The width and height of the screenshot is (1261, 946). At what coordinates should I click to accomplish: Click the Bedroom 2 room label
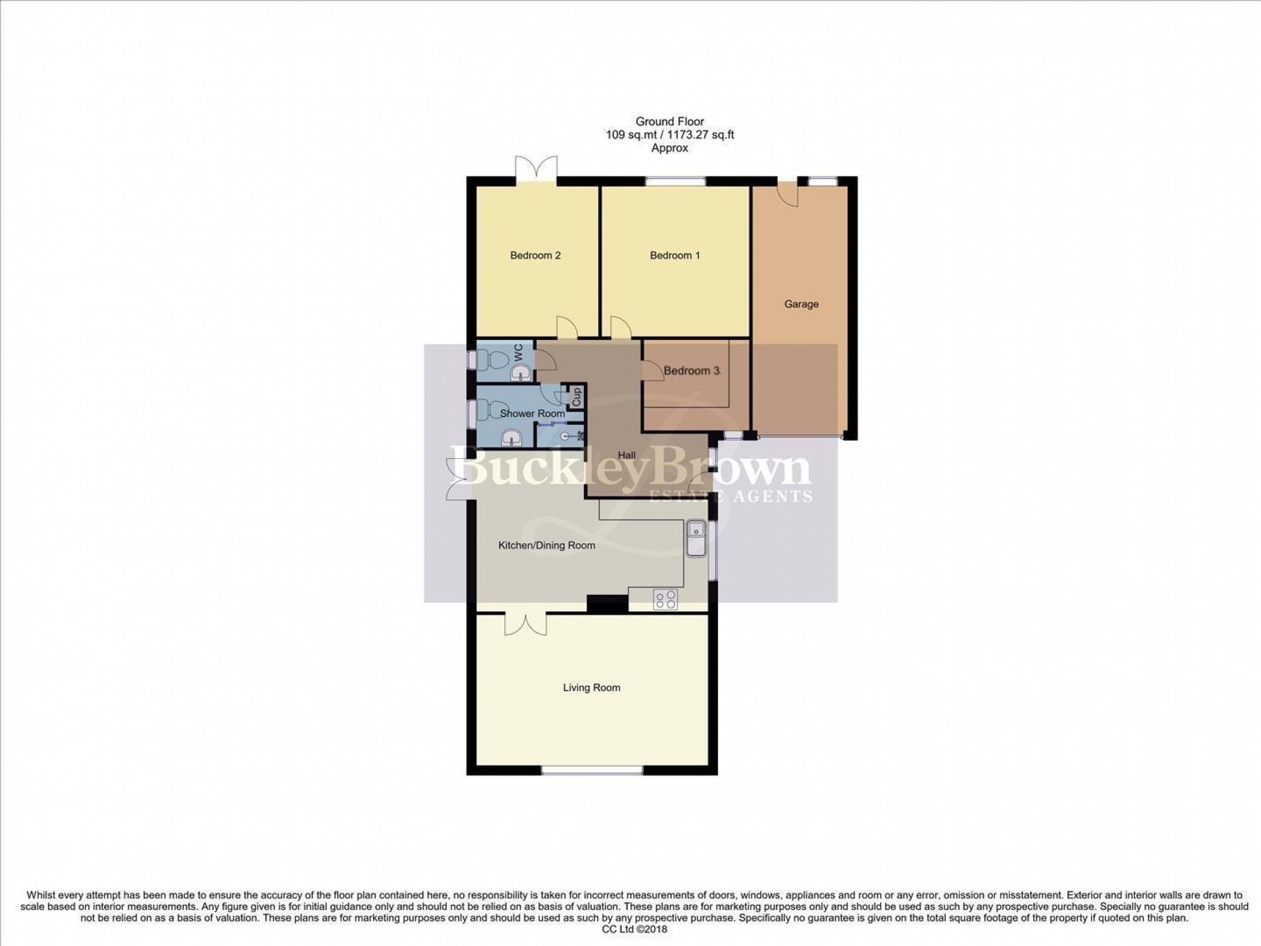tap(536, 256)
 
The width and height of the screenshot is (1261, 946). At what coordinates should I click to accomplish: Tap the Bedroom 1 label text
tap(674, 256)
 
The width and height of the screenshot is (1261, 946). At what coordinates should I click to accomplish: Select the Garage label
tap(801, 304)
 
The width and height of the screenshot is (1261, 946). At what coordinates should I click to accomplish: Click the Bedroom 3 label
tap(692, 371)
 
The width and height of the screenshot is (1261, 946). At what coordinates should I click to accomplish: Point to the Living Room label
tap(591, 688)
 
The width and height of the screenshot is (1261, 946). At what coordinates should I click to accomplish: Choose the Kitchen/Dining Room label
tap(546, 546)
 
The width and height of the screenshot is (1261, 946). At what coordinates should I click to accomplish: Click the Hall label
tap(627, 455)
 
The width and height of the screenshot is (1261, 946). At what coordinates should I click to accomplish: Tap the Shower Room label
tap(532, 414)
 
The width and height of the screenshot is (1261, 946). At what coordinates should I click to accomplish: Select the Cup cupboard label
tap(576, 397)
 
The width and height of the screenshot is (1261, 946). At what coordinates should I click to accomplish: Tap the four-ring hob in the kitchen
tap(666, 599)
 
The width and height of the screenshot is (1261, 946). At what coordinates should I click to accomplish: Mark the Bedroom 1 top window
tap(676, 181)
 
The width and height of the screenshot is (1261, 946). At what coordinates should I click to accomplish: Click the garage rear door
tap(788, 193)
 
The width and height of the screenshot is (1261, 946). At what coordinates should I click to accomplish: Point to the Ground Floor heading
tap(669, 121)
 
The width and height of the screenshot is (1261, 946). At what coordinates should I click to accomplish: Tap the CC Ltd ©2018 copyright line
tap(630, 930)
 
